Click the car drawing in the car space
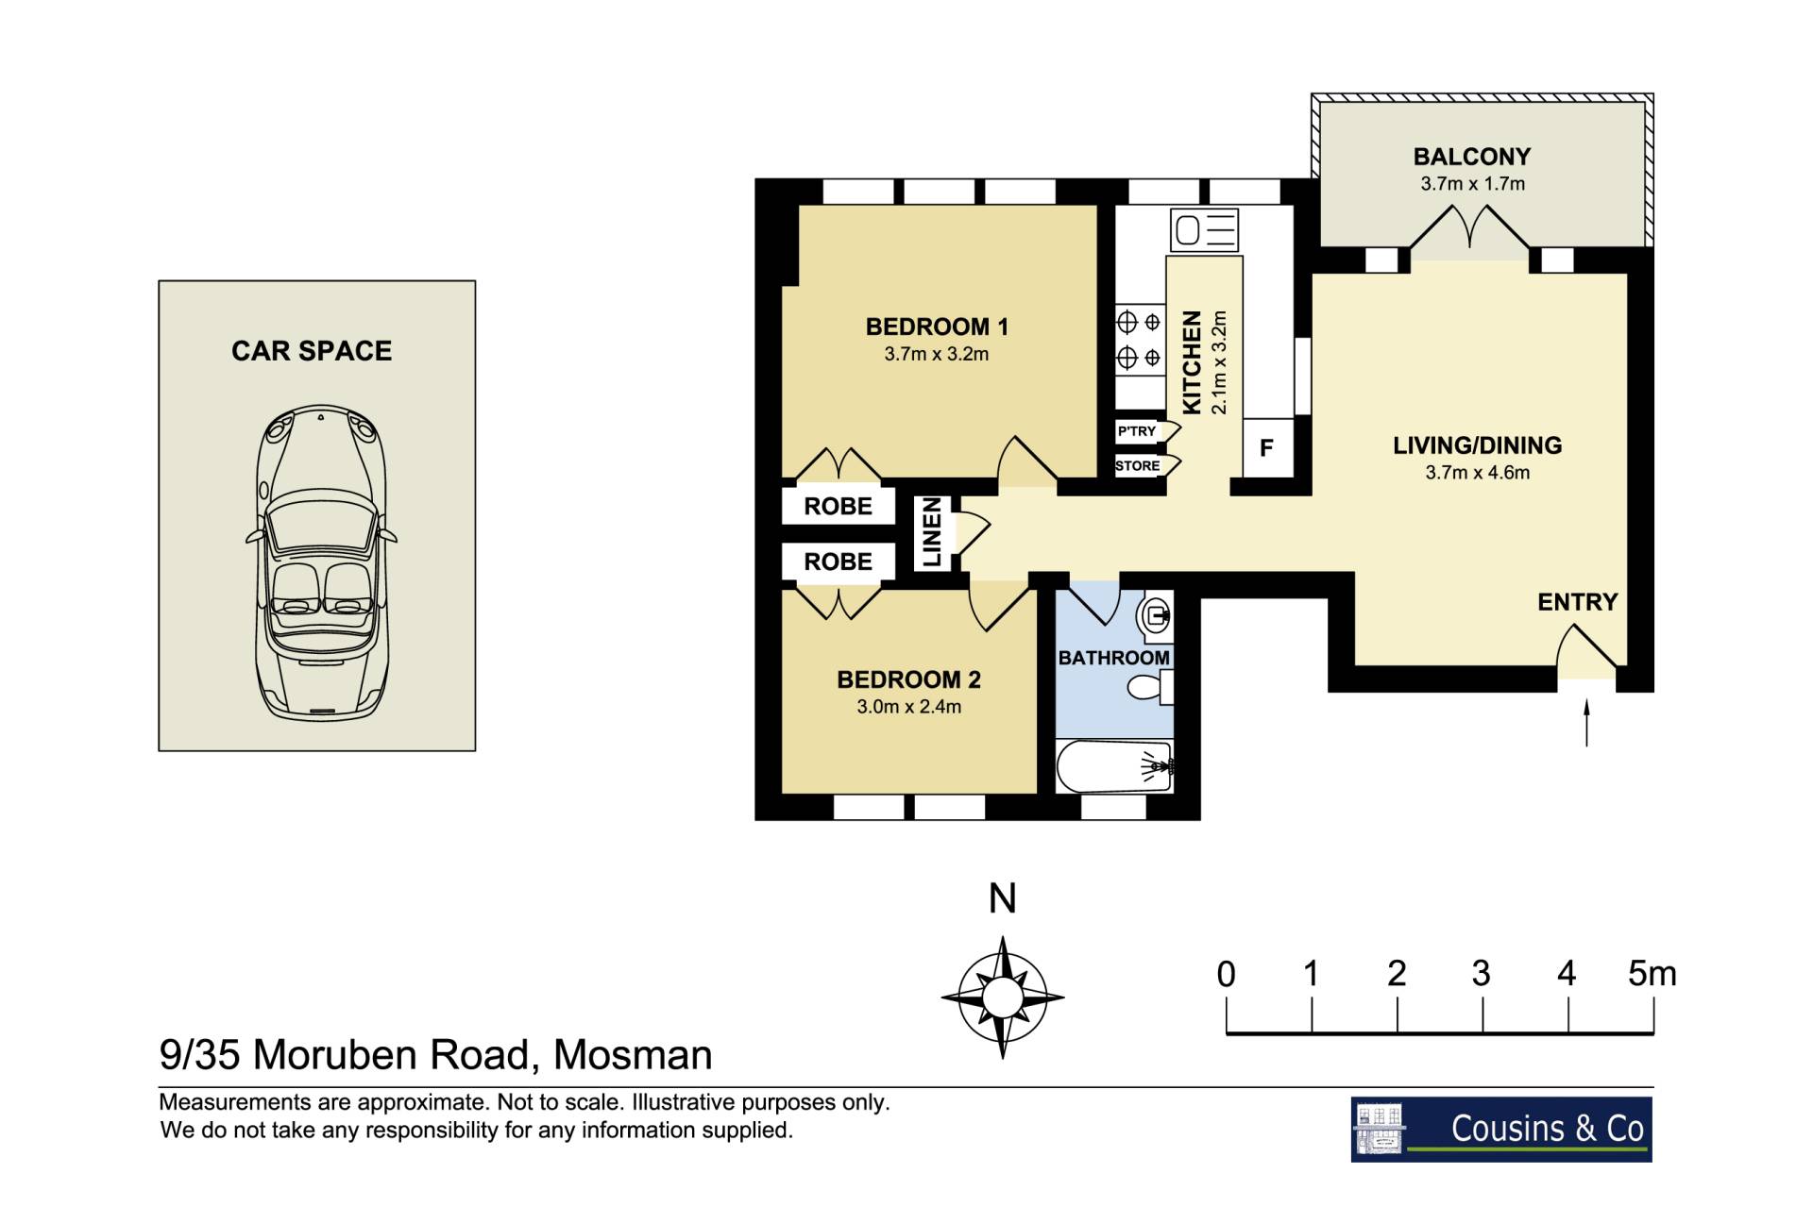coord(321,562)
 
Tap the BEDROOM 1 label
coord(937,327)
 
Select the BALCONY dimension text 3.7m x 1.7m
coord(1472,184)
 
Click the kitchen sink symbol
coord(1204,229)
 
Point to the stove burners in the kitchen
coord(1140,341)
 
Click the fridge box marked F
coord(1267,447)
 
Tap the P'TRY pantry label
coord(1136,431)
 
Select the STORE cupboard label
coord(1137,465)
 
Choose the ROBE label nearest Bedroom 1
coord(838,507)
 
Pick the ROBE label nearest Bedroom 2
coord(838,562)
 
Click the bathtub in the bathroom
coord(1114,766)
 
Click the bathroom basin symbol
coord(1157,617)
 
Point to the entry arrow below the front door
coord(1586,723)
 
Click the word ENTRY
coord(1577,602)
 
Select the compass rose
coord(1003,997)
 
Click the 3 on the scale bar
coord(1481,973)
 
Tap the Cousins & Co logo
coord(1501,1129)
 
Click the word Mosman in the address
coord(633,1055)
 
